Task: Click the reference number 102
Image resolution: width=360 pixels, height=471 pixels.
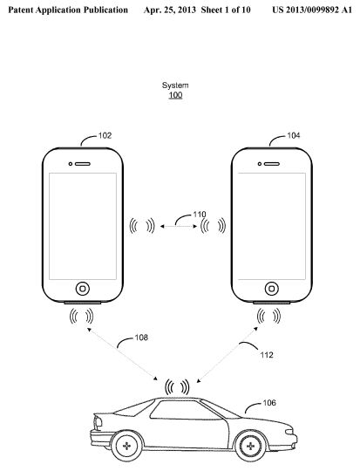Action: (x=105, y=136)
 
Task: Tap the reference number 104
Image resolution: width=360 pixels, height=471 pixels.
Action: (x=294, y=136)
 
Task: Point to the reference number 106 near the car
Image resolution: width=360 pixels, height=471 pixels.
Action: (x=269, y=402)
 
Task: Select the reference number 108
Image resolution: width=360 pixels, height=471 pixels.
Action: (x=141, y=338)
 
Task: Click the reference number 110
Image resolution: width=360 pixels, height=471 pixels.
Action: (x=200, y=215)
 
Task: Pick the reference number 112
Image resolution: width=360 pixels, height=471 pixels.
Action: (x=267, y=355)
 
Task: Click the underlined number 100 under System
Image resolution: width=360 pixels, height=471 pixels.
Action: (x=175, y=95)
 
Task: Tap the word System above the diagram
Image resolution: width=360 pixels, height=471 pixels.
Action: (x=175, y=85)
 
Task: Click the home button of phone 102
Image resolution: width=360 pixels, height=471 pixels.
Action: (x=83, y=289)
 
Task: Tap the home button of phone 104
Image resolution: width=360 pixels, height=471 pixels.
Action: (x=271, y=289)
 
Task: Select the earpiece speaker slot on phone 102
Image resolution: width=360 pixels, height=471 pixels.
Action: (x=83, y=164)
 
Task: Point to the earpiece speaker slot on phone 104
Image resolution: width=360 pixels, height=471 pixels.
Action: (x=272, y=164)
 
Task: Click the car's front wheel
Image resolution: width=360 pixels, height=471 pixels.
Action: (x=250, y=446)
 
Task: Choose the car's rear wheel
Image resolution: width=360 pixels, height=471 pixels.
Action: (x=126, y=446)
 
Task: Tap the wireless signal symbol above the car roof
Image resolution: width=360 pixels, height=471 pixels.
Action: (x=177, y=387)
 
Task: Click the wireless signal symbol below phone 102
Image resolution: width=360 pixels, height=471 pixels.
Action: (x=81, y=317)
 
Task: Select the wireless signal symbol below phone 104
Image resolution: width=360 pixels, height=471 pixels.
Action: (x=268, y=317)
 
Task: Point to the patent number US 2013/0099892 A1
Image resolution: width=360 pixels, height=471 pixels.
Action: (x=312, y=10)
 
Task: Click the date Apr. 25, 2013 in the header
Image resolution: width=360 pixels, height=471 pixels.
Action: (x=170, y=10)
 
